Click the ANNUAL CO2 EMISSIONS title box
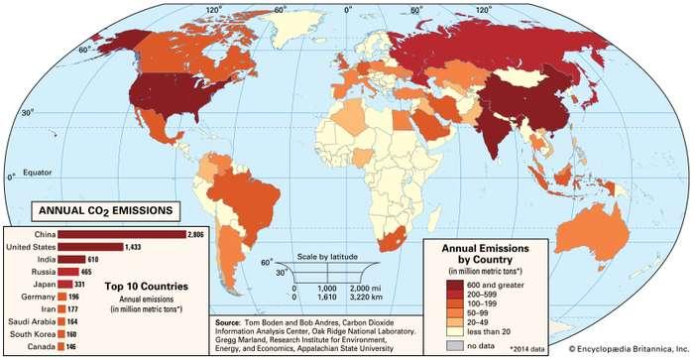(104, 210)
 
